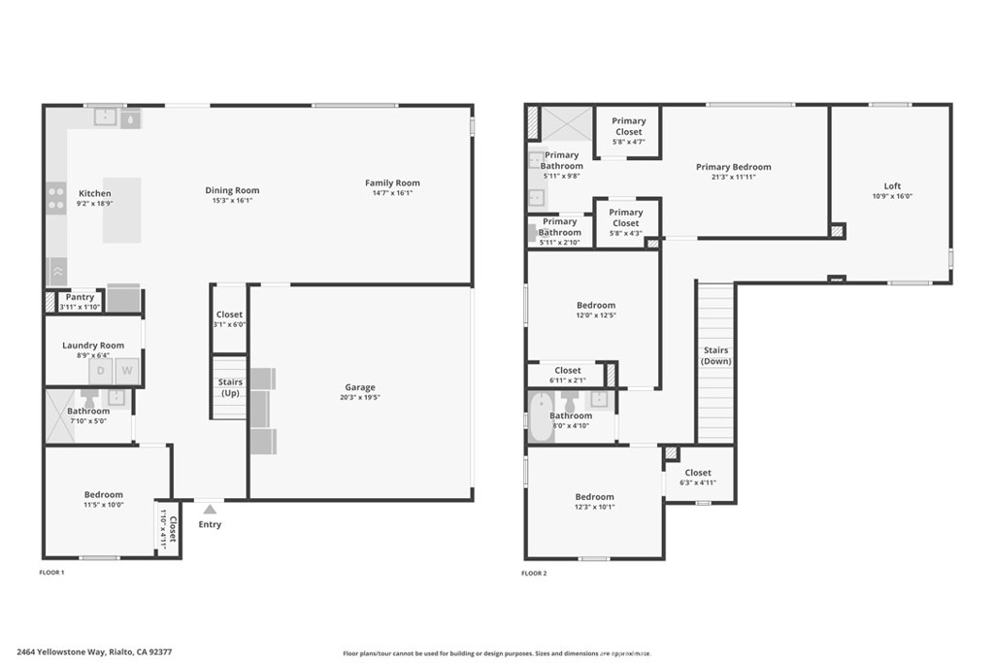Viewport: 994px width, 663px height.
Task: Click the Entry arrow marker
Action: coord(210,509)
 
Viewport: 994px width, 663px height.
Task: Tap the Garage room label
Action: coord(360,387)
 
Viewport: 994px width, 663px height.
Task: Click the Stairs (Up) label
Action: coord(230,387)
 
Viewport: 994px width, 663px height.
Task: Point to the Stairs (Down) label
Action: coord(716,355)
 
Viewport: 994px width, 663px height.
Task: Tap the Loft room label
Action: coord(892,186)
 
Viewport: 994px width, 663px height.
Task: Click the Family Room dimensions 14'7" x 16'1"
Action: coord(392,193)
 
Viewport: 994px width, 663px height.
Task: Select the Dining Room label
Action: coord(232,190)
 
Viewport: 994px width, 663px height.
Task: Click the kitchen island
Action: coord(122,210)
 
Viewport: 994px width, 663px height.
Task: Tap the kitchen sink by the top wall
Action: coord(106,117)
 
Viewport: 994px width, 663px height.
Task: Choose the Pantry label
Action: coord(80,297)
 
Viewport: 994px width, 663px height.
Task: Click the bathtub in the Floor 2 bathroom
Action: coord(541,417)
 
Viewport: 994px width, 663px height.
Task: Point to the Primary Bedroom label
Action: coord(733,167)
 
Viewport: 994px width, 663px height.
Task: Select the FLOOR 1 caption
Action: coord(51,574)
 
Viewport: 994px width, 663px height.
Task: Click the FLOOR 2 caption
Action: coord(534,574)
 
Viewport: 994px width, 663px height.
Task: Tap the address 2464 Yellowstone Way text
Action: coord(61,652)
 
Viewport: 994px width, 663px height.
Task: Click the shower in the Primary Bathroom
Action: coord(566,124)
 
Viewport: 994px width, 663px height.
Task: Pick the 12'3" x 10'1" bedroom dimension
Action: coord(594,507)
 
